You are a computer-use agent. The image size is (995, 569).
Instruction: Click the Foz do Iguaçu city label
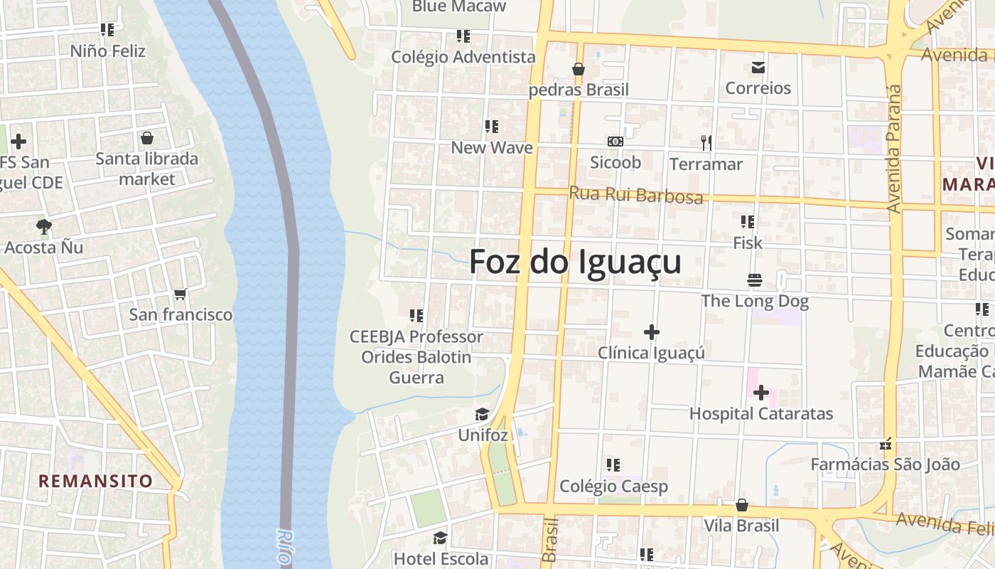[x=575, y=262]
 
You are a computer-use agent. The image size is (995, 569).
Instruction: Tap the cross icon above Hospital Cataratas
[x=761, y=393]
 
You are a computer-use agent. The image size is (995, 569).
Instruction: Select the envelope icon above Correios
[x=758, y=68]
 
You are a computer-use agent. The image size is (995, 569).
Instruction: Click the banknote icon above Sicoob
[x=615, y=142]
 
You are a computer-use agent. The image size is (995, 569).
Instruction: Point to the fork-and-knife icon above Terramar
[x=706, y=143]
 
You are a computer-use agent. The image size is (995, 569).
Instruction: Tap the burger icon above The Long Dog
[x=755, y=280]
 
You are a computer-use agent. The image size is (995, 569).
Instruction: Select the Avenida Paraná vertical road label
[x=894, y=149]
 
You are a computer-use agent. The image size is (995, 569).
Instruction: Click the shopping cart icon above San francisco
[x=181, y=294]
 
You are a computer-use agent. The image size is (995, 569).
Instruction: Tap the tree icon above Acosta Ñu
[x=43, y=227]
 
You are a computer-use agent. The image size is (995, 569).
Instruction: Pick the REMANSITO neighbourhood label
[x=95, y=481]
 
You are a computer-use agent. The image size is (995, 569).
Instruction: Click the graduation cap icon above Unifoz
[x=483, y=414]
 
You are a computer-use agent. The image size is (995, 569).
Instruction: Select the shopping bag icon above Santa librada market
[x=147, y=138]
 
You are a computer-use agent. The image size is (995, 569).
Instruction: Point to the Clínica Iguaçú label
[x=651, y=353]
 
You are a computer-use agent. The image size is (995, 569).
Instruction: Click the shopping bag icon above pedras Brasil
[x=579, y=69]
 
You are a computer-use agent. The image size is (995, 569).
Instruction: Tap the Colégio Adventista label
[x=463, y=57]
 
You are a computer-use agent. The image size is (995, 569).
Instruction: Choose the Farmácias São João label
[x=886, y=464]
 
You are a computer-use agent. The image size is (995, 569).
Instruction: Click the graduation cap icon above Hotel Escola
[x=441, y=538]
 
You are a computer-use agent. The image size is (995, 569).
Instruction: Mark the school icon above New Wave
[x=492, y=127]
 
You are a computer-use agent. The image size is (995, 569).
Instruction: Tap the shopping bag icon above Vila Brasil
[x=742, y=505]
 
